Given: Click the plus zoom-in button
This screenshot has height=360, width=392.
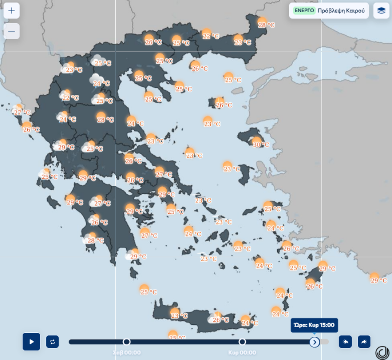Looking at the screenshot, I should click(12, 11).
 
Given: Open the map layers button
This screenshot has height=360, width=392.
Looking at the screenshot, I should click(381, 11).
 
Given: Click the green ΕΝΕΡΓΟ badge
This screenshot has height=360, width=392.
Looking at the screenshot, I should click(304, 10).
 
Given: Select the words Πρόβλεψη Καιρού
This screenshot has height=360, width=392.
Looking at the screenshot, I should click(341, 10).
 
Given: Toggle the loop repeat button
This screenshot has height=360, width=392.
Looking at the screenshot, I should click(53, 342).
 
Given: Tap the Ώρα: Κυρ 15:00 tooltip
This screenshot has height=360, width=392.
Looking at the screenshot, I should click(314, 325).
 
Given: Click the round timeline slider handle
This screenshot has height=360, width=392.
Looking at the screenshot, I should click(314, 342).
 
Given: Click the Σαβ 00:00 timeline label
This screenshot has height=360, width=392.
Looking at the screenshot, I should click(127, 352).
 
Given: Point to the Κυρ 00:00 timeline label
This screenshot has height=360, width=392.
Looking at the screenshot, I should click(242, 352).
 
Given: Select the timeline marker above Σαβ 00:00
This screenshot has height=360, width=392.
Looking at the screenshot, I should click(127, 342).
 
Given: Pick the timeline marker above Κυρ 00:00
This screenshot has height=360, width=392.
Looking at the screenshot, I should click(242, 342).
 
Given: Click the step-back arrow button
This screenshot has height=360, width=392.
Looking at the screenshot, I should click(345, 342).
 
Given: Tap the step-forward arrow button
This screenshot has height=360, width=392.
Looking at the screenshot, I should click(364, 342).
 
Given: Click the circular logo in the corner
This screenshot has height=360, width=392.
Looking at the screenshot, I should click(382, 352).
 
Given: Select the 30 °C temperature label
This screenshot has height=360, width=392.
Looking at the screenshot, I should click(261, 144).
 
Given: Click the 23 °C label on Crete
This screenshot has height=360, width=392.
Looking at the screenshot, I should click(180, 316).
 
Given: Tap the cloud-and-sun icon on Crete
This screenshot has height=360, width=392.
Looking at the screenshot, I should click(214, 317).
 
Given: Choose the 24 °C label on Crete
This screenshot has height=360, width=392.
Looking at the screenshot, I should click(249, 323).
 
